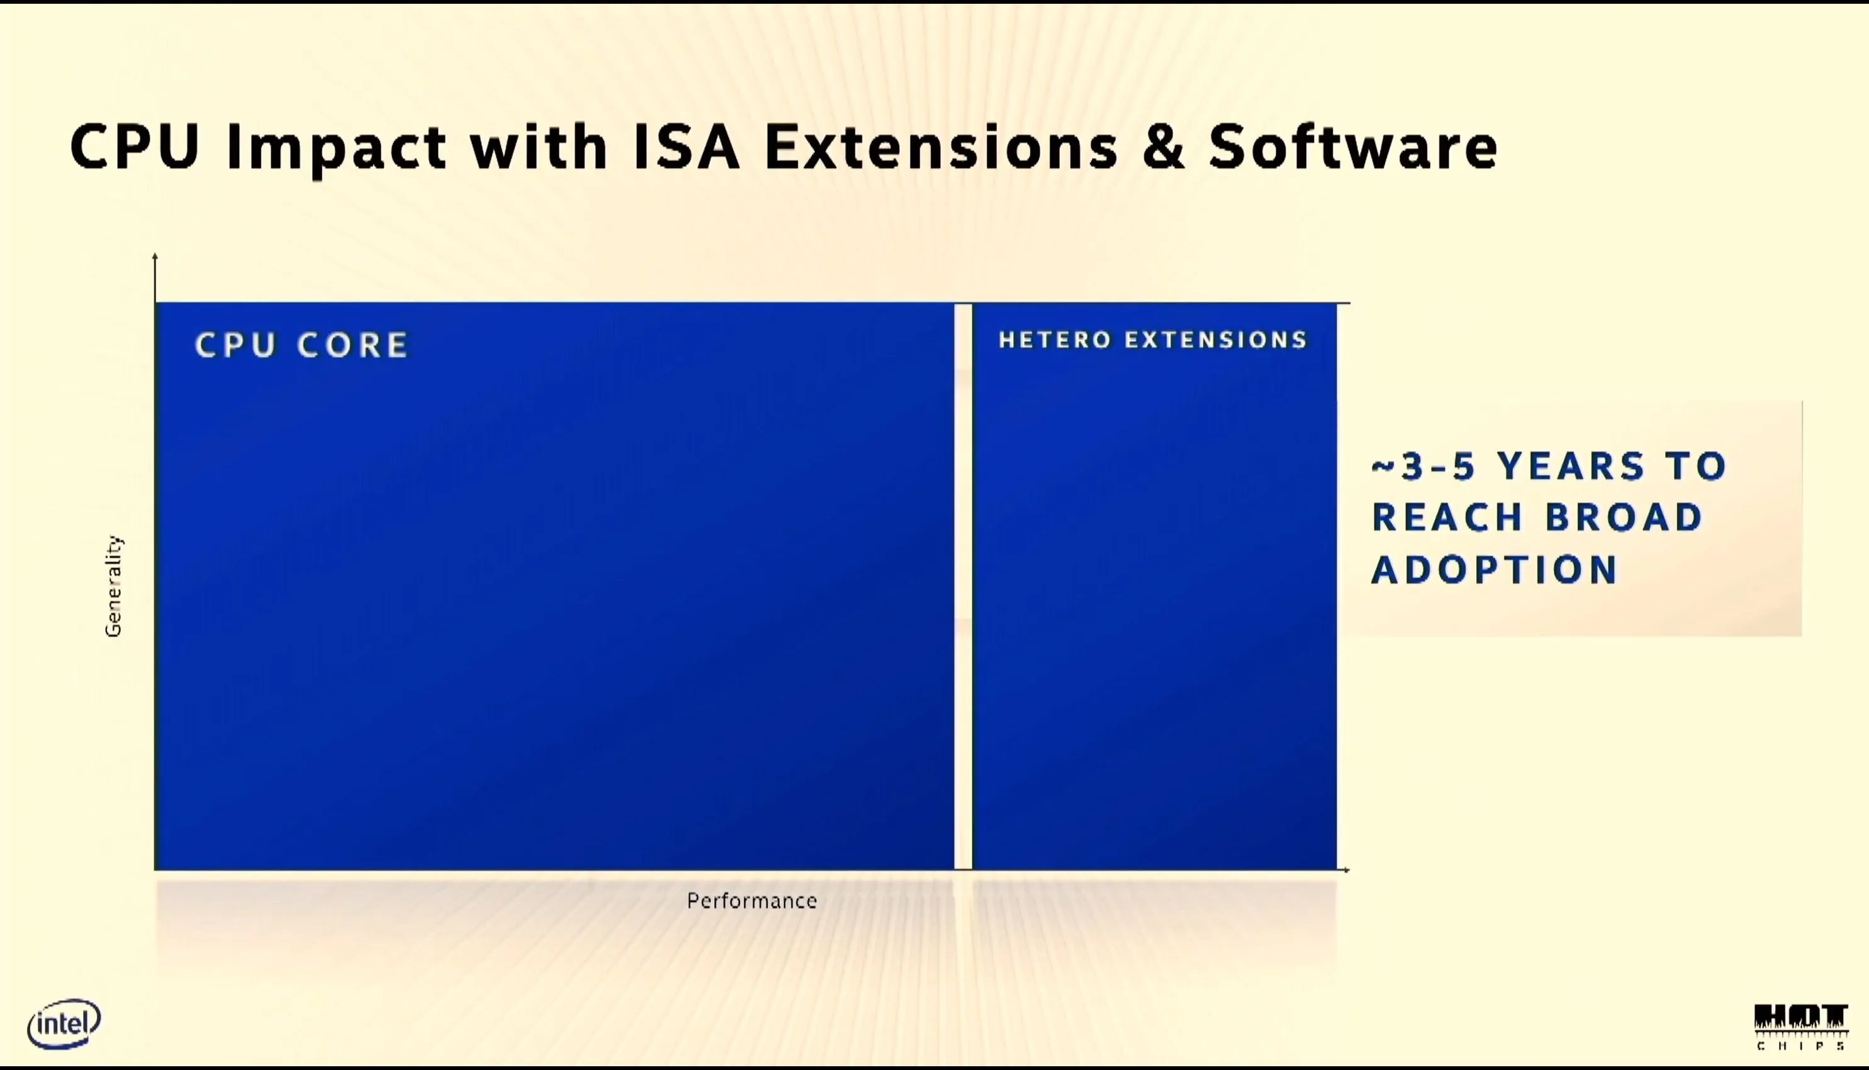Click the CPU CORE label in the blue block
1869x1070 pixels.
(x=301, y=345)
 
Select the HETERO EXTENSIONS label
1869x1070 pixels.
(x=1153, y=339)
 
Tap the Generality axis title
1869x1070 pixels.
(x=114, y=586)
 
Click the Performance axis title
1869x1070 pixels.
(x=751, y=901)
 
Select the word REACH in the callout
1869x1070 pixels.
(x=1447, y=517)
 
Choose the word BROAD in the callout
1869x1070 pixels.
(x=1624, y=517)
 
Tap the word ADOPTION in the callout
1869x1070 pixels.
(x=1495, y=570)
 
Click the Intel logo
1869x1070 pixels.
(x=64, y=1023)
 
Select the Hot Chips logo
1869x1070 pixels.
(x=1800, y=1027)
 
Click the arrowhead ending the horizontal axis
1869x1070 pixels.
(x=1346, y=870)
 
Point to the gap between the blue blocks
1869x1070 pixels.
(x=963, y=587)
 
